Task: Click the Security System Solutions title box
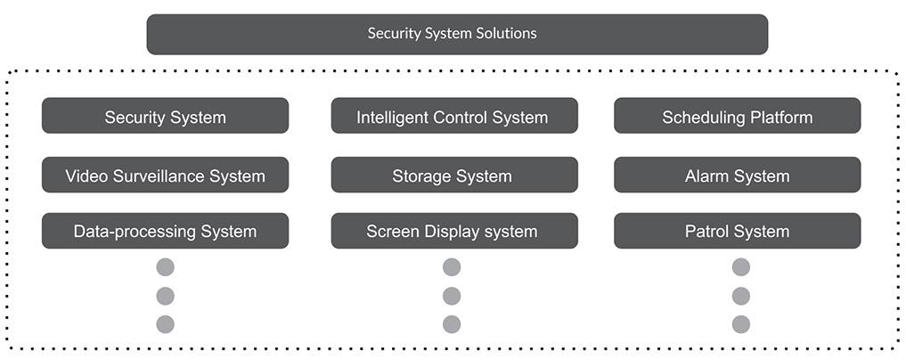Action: pos(457,34)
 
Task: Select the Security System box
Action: pos(165,116)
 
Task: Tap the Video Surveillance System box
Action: pos(165,176)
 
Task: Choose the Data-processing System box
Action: pos(165,231)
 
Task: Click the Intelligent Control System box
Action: pos(453,116)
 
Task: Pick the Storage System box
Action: pos(453,176)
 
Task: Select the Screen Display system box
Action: pos(453,231)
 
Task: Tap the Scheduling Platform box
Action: pos(737,116)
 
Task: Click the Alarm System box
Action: pos(737,176)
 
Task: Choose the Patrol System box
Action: pos(737,231)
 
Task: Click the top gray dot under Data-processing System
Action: pos(165,267)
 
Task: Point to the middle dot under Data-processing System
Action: pos(165,296)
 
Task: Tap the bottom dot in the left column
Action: pos(165,324)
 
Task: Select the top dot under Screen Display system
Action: pos(452,267)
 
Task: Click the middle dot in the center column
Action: pos(452,296)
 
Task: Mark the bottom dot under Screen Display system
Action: pos(452,324)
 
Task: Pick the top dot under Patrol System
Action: pos(740,267)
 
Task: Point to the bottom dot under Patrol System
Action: pos(740,324)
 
